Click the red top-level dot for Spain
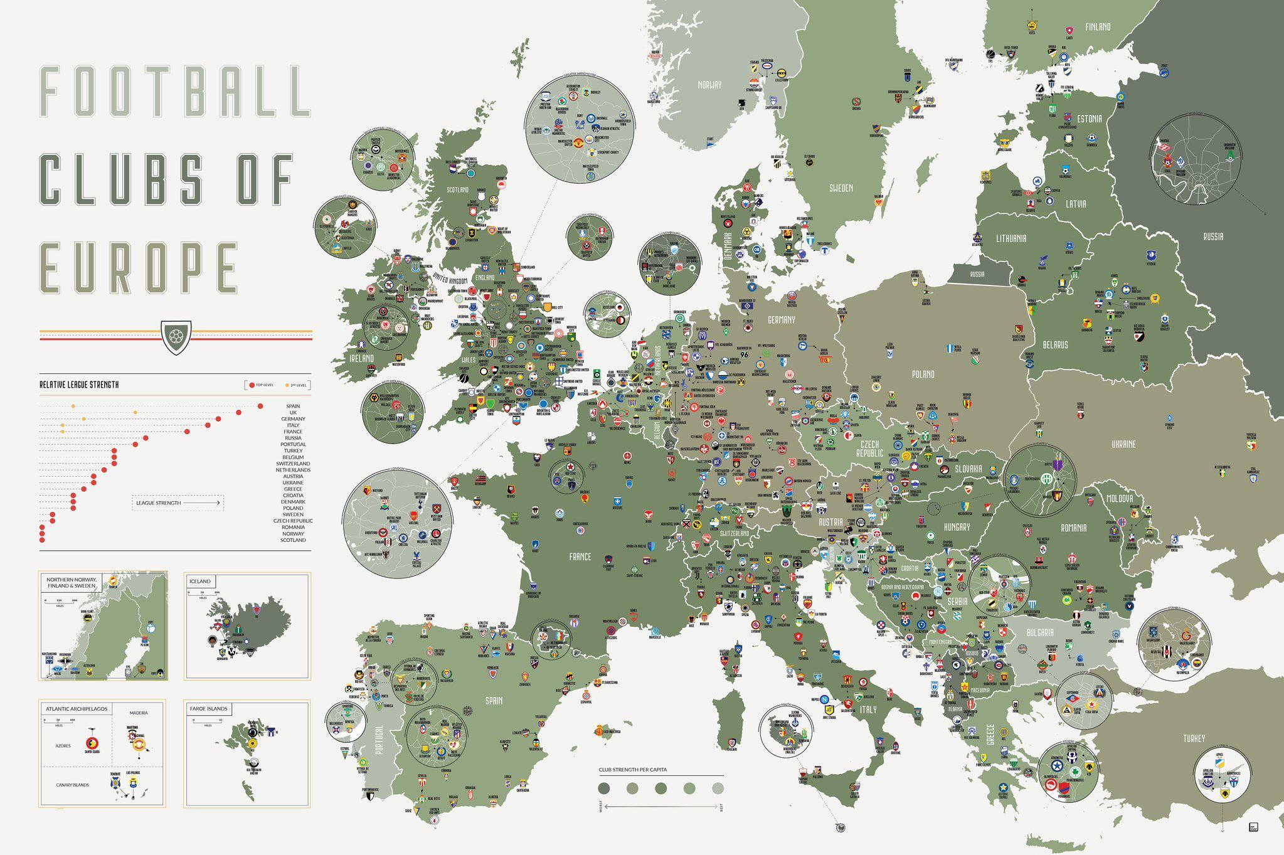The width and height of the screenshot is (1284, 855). pos(260,406)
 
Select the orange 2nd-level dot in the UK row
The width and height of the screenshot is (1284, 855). pos(135,413)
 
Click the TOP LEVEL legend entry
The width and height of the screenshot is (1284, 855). pos(262,385)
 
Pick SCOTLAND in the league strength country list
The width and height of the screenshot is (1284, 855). pos(293,540)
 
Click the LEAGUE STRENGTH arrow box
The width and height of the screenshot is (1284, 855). pos(178,502)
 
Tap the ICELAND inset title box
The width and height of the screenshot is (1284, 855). pos(201,582)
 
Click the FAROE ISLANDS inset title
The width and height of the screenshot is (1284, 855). pos(208,709)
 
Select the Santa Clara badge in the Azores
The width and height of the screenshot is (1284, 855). pos(92,743)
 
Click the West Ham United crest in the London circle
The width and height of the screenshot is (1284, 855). pos(437,509)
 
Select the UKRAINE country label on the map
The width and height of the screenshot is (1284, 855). pos(1123,444)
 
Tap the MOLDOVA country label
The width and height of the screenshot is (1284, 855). pos(1120,498)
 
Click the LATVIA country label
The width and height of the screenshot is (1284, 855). pos(1076,204)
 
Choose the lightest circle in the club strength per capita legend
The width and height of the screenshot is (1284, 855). pos(718,788)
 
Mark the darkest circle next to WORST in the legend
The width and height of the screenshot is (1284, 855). pos(604,788)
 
